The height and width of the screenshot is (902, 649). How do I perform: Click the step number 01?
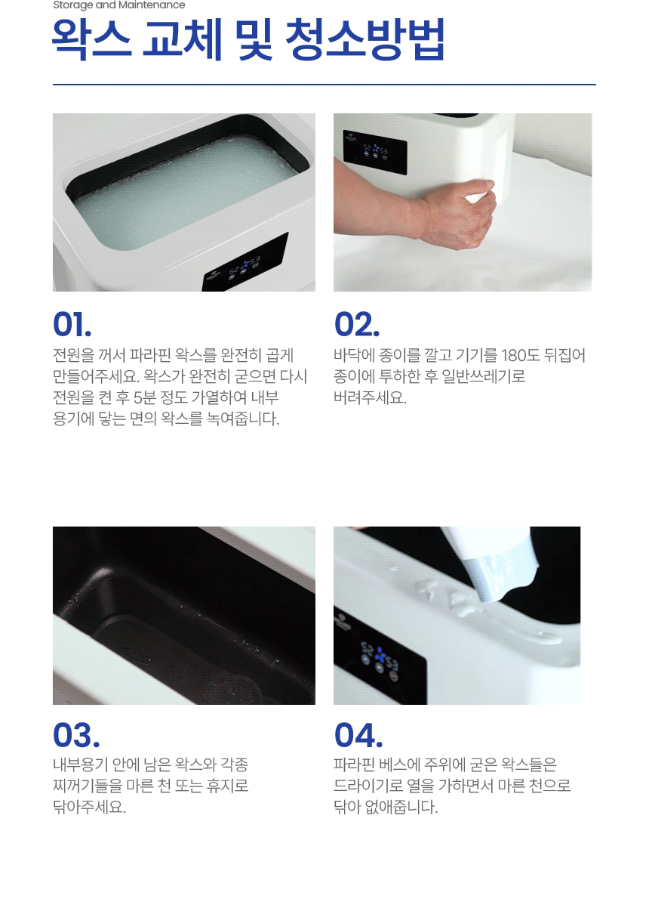click(72, 324)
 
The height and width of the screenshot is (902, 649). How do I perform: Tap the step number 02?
click(357, 324)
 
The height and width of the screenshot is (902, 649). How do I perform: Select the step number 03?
click(76, 735)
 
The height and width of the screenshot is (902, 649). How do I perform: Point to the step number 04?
click(358, 735)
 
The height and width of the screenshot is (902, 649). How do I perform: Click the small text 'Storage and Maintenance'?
click(119, 5)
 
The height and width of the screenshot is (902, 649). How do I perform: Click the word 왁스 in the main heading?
click(92, 40)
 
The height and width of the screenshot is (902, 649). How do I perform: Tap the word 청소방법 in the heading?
click(365, 40)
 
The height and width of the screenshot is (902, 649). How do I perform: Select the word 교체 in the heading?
click(183, 40)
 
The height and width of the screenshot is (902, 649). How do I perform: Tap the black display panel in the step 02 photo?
click(375, 153)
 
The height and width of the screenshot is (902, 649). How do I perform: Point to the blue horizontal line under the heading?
click(324, 85)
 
